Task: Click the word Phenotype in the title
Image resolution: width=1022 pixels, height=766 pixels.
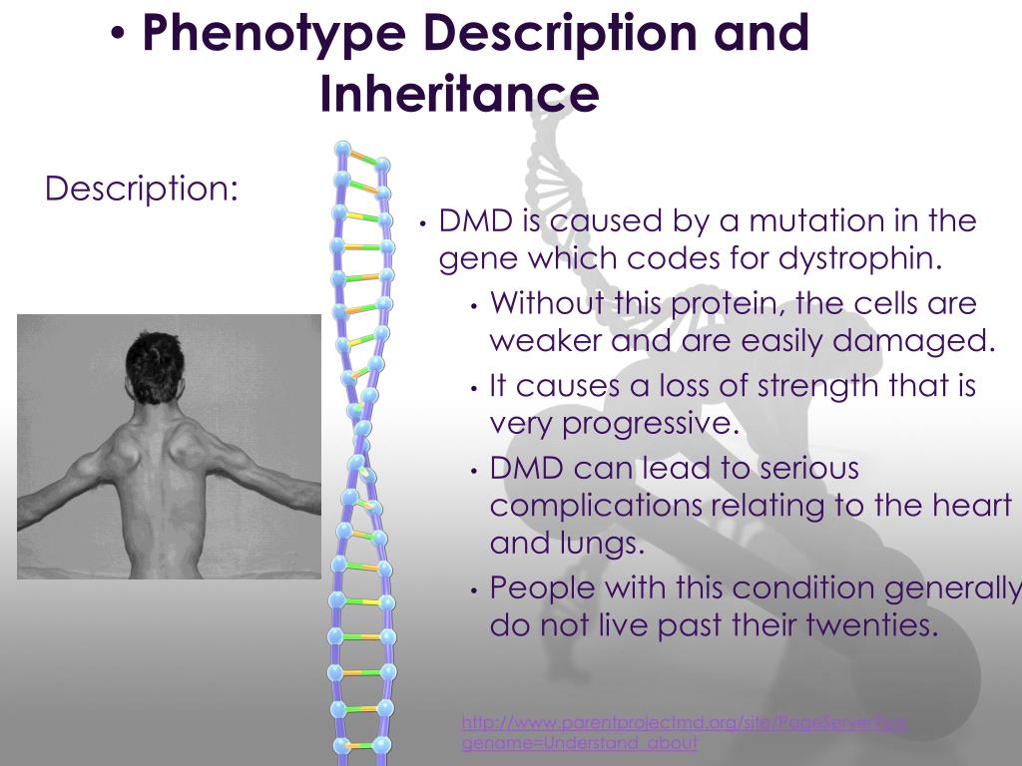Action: (273, 34)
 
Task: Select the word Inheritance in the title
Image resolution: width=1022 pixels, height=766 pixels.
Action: (459, 94)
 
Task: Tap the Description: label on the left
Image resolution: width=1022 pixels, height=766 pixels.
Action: (142, 188)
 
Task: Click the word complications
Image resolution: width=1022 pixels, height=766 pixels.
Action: (596, 506)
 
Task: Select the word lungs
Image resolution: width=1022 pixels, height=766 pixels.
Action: (606, 544)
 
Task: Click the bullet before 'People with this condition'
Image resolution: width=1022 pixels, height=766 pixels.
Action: (475, 589)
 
